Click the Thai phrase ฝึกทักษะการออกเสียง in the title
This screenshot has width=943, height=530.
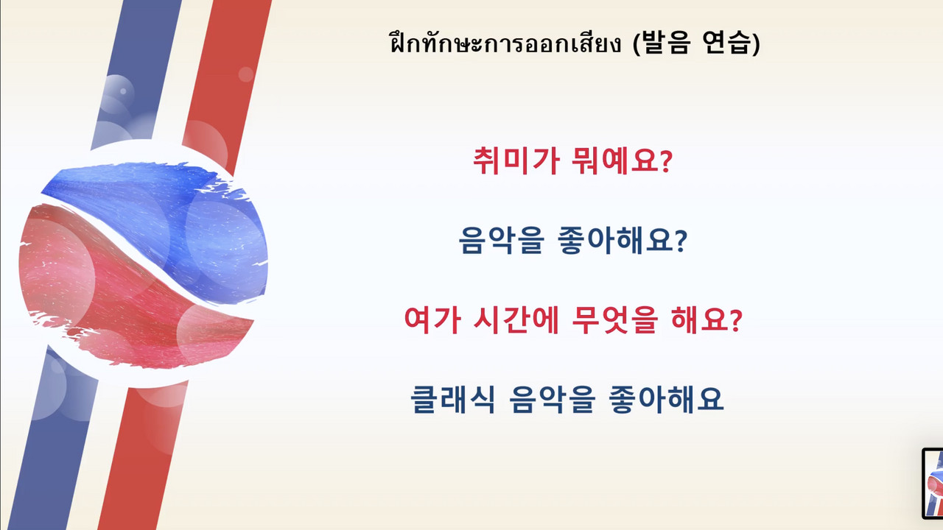(x=505, y=43)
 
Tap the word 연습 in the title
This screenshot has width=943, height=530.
(x=727, y=42)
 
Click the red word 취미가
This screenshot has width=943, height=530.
(x=517, y=160)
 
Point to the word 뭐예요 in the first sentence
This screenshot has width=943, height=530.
(x=615, y=160)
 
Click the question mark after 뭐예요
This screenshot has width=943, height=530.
(x=666, y=161)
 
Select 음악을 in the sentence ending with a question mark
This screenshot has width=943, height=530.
(x=501, y=240)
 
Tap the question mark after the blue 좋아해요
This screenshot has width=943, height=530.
(x=681, y=241)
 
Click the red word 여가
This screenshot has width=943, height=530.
(x=432, y=319)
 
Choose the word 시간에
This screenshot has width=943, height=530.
(x=516, y=319)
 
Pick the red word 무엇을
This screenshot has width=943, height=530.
(x=614, y=319)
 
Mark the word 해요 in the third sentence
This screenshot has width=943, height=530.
(x=699, y=319)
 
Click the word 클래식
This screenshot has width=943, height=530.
(x=453, y=399)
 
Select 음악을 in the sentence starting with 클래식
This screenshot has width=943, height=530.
(x=553, y=399)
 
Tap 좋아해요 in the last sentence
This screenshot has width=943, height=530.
(x=667, y=399)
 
